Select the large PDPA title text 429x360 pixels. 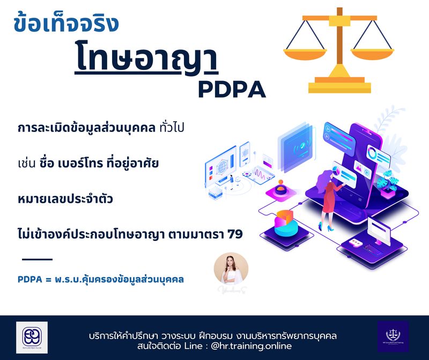point(232,89)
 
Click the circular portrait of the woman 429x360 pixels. point(231,270)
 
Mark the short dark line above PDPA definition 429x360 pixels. point(37,259)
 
